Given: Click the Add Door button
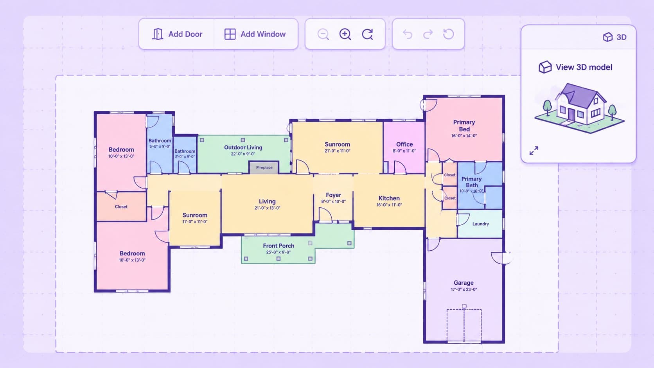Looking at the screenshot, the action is [177, 34].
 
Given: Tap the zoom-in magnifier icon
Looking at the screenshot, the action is [345, 34].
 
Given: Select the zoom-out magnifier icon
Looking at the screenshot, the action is [323, 34].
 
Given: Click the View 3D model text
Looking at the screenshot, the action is [584, 67].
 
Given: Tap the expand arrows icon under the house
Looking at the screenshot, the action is [534, 151].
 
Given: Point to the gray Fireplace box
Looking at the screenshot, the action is [264, 167].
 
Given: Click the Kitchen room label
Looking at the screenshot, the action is [389, 198].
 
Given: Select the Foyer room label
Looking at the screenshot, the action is [333, 195].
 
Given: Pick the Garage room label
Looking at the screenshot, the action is [464, 282].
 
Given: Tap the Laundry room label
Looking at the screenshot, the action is [481, 224].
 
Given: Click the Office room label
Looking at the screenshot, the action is [404, 144].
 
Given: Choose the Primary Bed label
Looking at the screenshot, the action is [464, 126].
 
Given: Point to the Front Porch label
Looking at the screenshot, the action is [278, 246].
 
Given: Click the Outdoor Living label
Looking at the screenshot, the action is [243, 147].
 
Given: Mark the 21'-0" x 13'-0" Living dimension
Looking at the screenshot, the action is [267, 208].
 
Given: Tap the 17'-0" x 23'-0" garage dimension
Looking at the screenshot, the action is [464, 289].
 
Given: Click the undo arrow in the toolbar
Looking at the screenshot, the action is [407, 34].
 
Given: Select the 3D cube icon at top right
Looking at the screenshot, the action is [608, 37].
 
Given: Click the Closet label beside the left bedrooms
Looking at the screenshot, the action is [121, 206].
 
